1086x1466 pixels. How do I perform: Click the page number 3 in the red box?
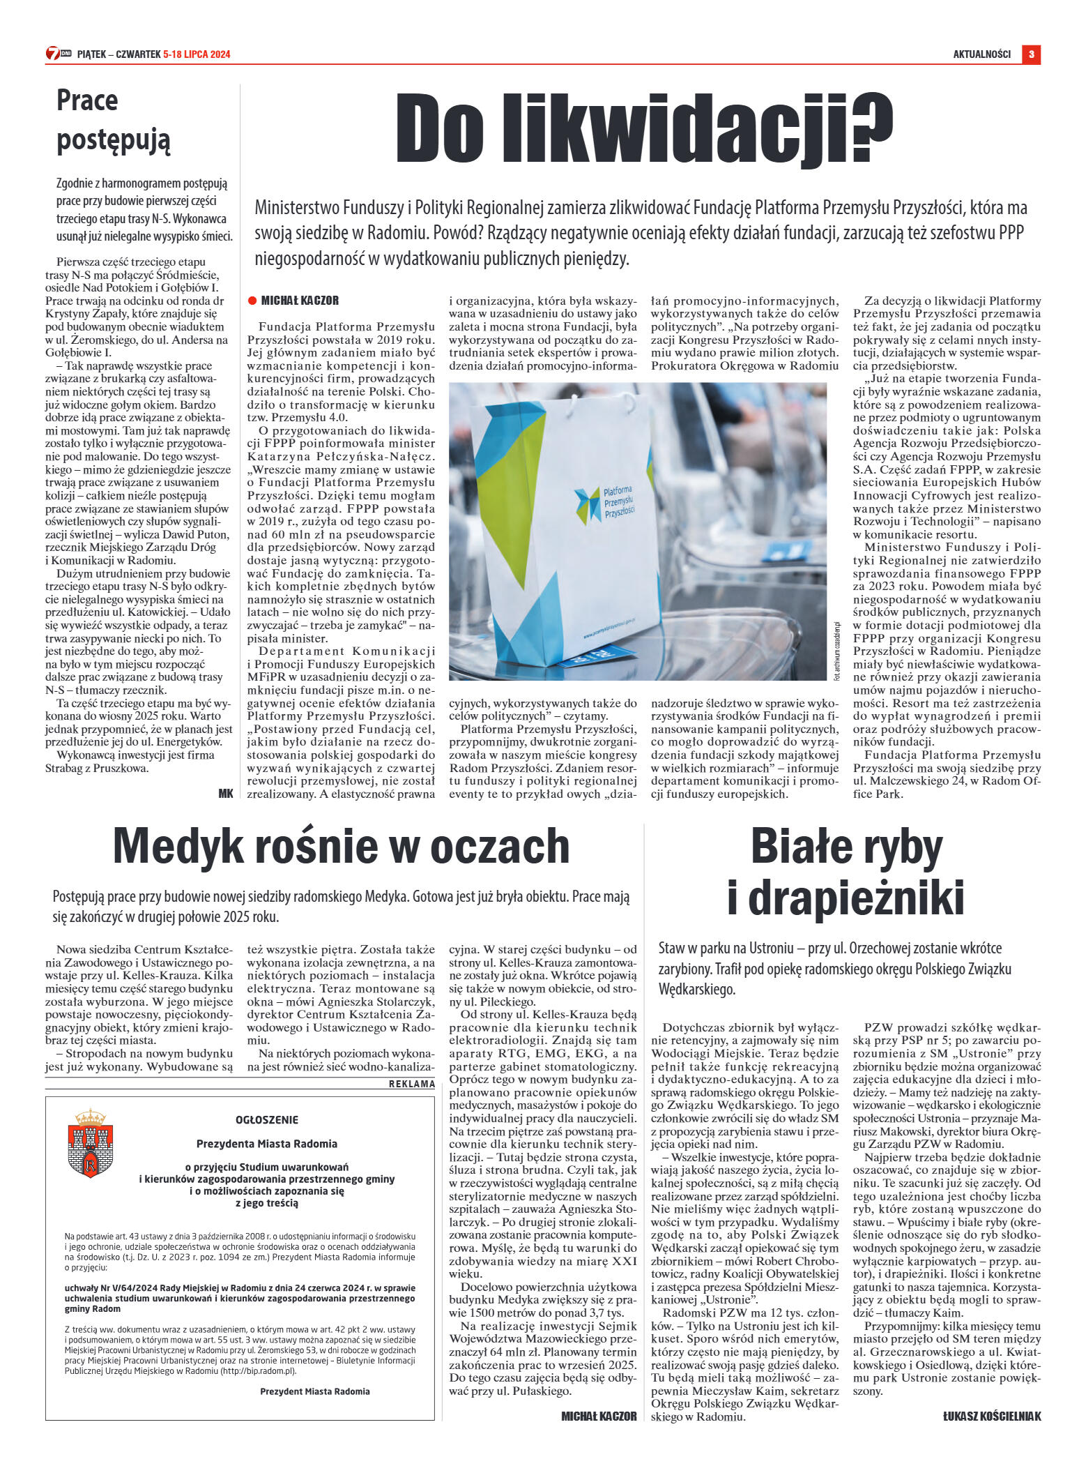(1031, 54)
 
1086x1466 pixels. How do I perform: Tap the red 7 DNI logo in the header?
(59, 54)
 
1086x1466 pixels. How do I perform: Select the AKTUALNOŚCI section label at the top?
(981, 54)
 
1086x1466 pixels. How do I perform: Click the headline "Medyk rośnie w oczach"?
(341, 845)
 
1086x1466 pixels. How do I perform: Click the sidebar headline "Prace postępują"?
(113, 120)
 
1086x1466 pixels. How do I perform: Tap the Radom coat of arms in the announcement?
(91, 1143)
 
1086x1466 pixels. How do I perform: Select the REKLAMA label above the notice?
(411, 1084)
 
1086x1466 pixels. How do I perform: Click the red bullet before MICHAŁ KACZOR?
(252, 301)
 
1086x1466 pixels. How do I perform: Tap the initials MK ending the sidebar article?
(225, 793)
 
